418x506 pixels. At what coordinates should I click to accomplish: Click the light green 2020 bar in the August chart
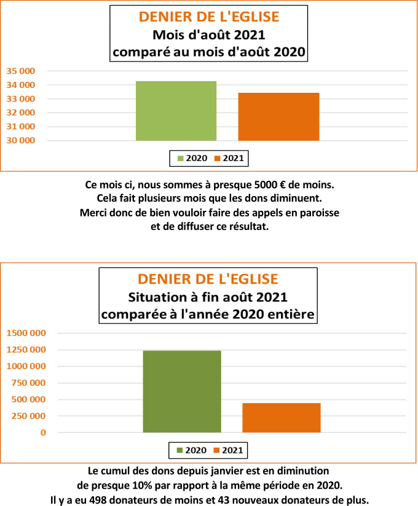(x=176, y=111)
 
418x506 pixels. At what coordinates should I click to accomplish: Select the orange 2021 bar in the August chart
(x=278, y=117)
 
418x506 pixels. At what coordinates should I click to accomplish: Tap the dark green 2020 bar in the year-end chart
(x=182, y=392)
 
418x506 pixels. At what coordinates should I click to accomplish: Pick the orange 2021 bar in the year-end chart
(x=282, y=417)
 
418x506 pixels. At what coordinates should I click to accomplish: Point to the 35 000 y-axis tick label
(x=20, y=71)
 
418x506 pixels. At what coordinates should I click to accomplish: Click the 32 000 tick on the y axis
(x=20, y=99)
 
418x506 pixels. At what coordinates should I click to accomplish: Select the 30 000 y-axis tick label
(x=20, y=141)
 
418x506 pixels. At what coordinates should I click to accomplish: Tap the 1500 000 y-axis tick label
(x=26, y=333)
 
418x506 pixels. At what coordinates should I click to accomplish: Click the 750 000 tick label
(x=29, y=383)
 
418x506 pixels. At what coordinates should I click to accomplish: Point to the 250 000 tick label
(x=29, y=416)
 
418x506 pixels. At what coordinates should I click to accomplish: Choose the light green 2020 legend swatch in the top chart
(x=181, y=159)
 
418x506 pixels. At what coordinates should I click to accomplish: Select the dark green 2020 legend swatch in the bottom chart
(x=180, y=451)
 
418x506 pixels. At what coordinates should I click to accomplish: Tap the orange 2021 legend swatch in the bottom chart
(x=217, y=451)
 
